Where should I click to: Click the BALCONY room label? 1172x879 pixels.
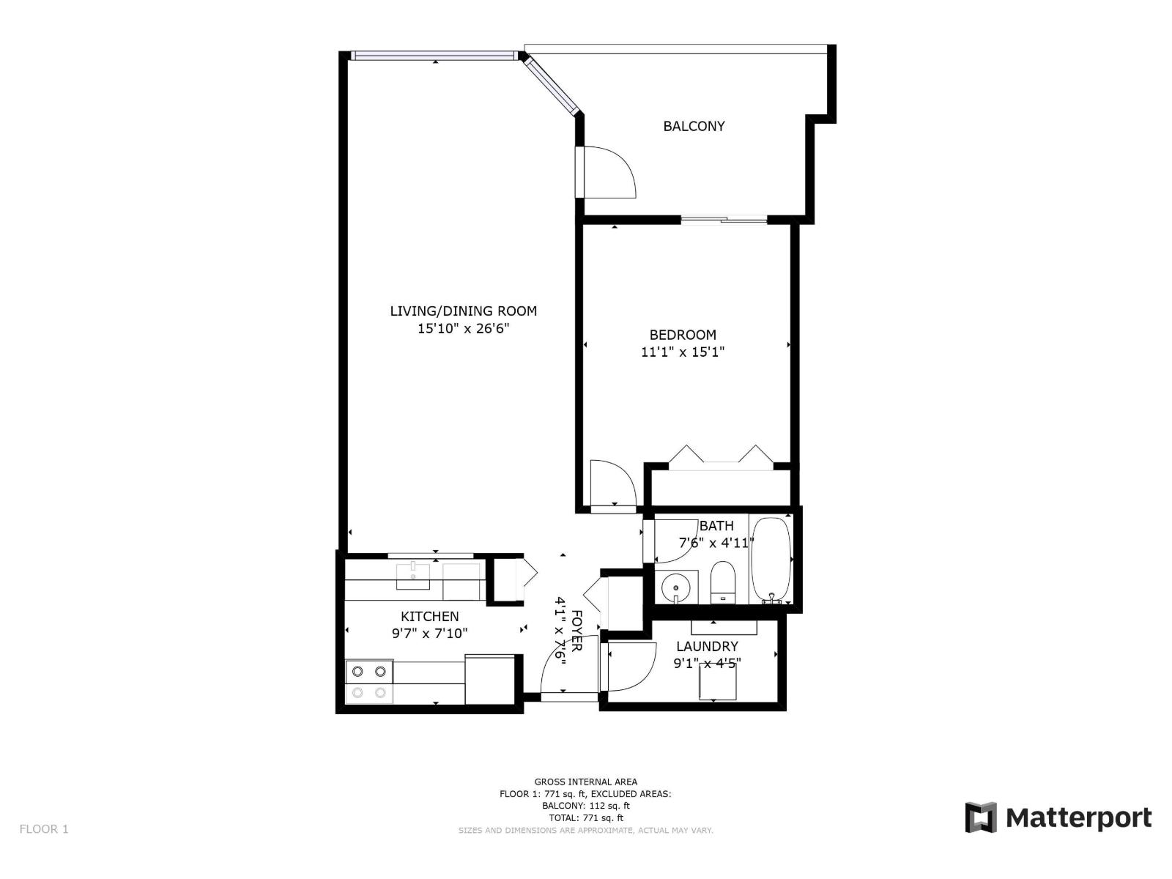tap(694, 126)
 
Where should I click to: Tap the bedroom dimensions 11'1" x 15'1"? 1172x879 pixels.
tap(683, 352)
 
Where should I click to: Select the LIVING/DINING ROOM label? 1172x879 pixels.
tap(463, 311)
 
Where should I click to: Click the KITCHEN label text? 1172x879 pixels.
tap(429, 617)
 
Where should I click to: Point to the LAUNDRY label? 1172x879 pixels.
tap(707, 646)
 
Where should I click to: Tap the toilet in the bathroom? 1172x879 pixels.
tap(722, 582)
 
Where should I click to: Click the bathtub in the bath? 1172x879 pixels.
tap(771, 560)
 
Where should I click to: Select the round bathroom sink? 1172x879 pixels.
tap(673, 587)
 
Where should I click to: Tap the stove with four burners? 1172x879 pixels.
tap(369, 681)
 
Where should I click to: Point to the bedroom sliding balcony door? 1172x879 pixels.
tap(724, 218)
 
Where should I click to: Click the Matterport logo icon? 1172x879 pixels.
tap(981, 817)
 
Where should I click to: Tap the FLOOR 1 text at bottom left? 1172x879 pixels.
tap(44, 829)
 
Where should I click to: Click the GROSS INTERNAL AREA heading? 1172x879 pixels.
tap(585, 782)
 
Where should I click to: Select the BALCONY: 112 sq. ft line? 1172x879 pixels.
tap(585, 806)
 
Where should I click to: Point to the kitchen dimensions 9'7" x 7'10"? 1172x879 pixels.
tap(429, 634)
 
